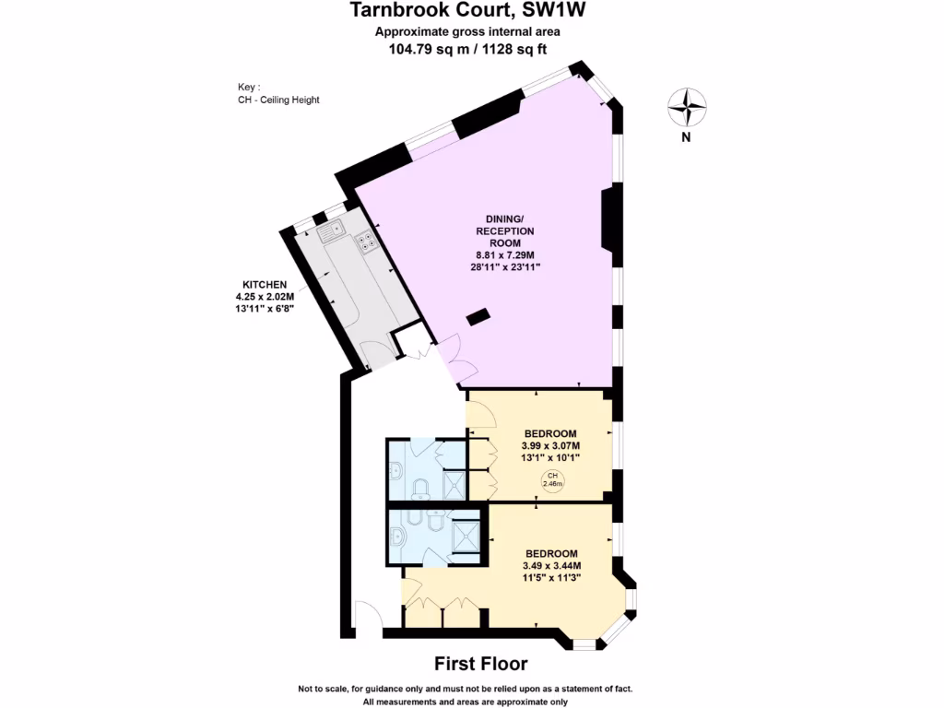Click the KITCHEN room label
pos(265,285)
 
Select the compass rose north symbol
pos(687,108)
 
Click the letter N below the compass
pos(687,138)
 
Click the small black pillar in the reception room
pos(478,318)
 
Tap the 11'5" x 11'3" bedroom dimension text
pos(550,578)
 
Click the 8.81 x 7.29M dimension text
pos(504,254)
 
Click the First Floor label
pos(480,663)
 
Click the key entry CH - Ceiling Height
pos(278,100)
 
